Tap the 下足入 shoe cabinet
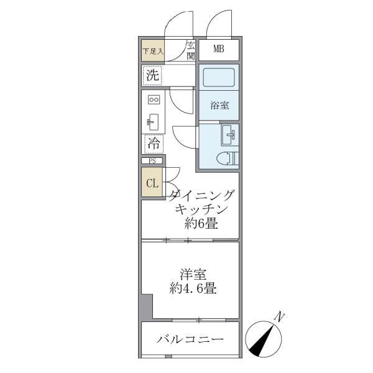(152, 51)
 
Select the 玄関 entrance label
(190, 50)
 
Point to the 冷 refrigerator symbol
(154, 143)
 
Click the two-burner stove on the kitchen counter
(154, 99)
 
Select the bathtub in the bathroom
(218, 80)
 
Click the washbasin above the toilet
(229, 133)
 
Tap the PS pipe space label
(152, 161)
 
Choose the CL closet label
(152, 183)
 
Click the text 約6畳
(200, 224)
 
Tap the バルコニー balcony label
(190, 339)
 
